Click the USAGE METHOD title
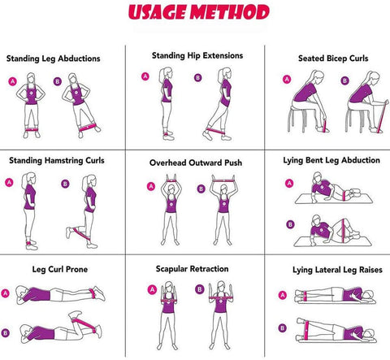point(199,12)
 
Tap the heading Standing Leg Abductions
point(54,59)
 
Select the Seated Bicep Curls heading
point(333,59)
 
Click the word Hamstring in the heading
point(64,161)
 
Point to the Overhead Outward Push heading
point(196,163)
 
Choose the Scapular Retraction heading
point(192,269)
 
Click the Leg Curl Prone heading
point(60,270)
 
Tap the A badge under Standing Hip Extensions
point(145,76)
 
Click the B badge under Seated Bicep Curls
point(344,80)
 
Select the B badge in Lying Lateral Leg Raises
point(283,328)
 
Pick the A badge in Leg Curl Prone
point(5,293)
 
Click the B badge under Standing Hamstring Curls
point(65,184)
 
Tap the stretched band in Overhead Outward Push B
point(223,179)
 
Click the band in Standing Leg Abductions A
point(32,129)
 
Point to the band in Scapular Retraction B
point(221,298)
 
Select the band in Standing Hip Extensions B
point(217,132)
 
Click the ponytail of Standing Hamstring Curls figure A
point(24,180)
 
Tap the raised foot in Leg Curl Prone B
point(75,314)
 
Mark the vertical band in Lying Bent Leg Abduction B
point(344,231)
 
